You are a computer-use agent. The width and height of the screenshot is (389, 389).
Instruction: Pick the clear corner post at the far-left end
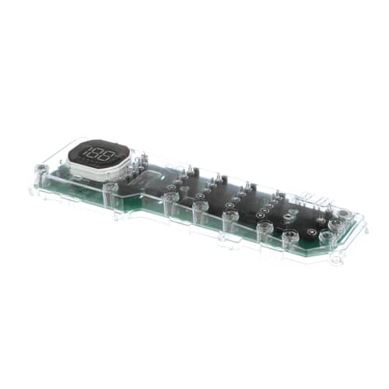40,170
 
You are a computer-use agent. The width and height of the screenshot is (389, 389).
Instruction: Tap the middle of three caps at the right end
335,226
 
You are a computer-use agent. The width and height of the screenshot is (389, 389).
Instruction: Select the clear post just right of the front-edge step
170,201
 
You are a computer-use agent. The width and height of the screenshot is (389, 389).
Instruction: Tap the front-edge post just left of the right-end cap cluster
289,237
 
